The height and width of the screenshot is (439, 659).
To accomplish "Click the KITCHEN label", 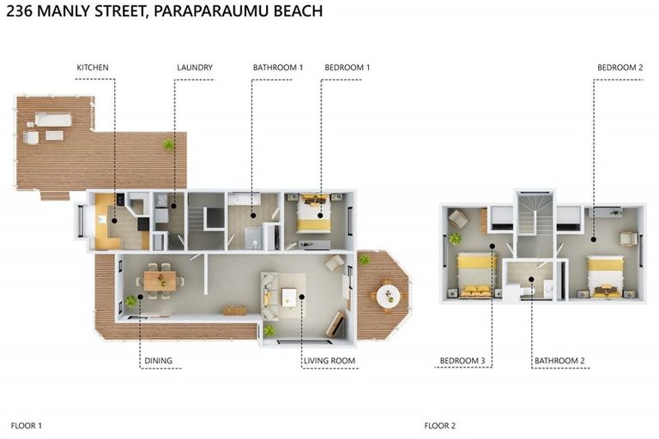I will click(93, 68).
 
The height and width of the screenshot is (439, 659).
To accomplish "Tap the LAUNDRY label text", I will click(195, 68).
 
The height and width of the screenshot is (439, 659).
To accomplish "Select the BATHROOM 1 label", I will click(278, 68).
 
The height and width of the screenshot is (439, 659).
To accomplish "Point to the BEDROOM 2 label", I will click(620, 68).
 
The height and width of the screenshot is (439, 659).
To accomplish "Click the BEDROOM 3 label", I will click(463, 361).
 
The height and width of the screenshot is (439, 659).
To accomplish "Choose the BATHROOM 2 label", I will click(559, 361).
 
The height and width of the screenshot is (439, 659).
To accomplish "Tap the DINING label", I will click(158, 361).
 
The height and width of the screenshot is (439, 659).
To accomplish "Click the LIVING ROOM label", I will click(329, 361).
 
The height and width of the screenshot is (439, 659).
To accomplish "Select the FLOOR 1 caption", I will click(27, 425).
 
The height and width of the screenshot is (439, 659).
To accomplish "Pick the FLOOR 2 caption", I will click(440, 425).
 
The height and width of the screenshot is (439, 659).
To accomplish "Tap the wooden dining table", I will click(160, 280).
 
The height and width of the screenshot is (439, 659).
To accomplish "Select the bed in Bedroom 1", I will click(312, 213).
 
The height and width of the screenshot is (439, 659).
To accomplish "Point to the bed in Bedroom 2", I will click(605, 277).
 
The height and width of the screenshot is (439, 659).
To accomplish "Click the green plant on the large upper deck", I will click(169, 145).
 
